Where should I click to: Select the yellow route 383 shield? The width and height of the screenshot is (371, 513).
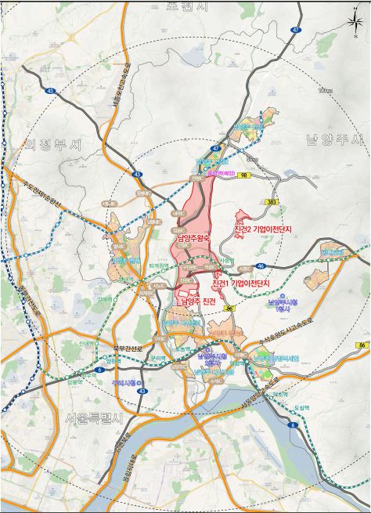[272, 203]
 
